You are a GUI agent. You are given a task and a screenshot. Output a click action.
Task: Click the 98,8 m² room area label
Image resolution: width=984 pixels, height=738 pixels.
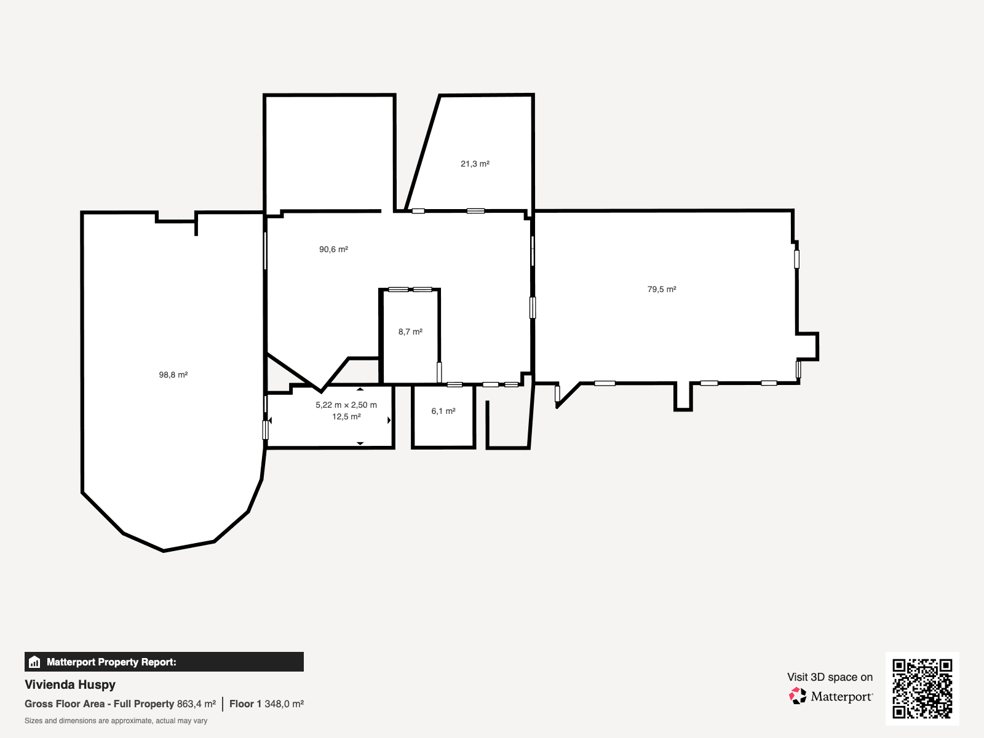pos(173,375)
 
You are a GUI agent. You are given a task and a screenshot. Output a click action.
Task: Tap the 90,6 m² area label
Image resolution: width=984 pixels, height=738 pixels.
pos(333,249)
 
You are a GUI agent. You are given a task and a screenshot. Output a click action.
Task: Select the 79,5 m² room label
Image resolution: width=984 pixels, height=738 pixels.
pos(662,289)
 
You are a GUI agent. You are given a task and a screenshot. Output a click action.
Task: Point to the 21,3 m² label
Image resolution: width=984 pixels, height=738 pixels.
pos(475,164)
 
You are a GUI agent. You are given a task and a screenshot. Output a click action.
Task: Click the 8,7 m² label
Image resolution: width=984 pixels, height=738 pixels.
pos(410,331)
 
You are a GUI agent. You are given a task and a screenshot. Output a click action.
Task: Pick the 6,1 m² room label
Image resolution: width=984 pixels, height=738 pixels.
pos(443,411)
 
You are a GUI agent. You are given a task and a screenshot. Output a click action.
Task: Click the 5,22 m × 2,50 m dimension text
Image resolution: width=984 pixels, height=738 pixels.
pos(346,405)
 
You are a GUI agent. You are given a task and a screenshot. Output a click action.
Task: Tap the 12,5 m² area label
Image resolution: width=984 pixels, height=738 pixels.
pos(346,416)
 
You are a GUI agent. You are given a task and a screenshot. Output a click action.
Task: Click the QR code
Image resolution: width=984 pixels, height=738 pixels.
pos(922,688)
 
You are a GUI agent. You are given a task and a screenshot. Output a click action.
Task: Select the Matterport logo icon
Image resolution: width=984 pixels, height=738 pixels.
pos(798,696)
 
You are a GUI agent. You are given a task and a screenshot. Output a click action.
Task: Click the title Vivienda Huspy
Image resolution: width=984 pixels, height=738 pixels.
pos(70,684)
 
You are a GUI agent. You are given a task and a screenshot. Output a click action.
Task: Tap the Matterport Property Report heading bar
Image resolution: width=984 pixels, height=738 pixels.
pos(164,662)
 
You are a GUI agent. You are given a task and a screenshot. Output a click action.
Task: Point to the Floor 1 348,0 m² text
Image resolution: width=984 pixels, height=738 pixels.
pos(266,704)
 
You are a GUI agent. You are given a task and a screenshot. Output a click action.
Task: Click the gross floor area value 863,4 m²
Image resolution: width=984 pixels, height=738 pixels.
pos(196,704)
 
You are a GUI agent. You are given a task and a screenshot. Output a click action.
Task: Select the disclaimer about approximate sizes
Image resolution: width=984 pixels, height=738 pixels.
pos(116,721)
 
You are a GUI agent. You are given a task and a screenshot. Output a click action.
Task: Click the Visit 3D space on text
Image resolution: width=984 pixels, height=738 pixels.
pos(830,677)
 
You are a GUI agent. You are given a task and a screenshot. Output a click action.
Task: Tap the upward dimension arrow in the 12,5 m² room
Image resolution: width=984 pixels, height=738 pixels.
pos(360,389)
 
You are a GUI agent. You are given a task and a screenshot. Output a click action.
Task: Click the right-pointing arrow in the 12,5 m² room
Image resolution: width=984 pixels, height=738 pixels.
pos(389,420)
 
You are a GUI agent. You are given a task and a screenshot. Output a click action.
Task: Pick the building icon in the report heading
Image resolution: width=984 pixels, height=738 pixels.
pos(34,662)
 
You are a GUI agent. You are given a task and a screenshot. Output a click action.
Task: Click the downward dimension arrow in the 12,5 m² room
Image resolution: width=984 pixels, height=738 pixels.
pos(360,443)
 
